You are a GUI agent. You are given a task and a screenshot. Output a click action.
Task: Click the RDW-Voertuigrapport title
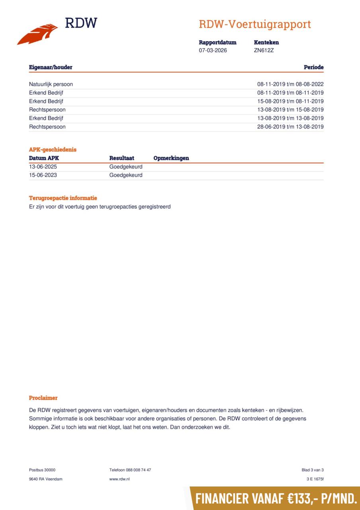[x=254, y=24]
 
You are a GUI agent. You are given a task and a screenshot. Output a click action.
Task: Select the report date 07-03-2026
[x=213, y=51]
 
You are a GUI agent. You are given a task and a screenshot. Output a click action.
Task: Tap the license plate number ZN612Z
[x=264, y=51]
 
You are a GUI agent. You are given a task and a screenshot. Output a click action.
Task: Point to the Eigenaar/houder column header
[x=51, y=67]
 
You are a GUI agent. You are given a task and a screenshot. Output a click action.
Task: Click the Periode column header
[x=313, y=67]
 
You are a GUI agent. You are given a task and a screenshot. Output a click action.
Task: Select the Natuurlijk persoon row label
[x=51, y=84]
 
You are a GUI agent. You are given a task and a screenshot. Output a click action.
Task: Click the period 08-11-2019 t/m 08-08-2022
[x=290, y=84]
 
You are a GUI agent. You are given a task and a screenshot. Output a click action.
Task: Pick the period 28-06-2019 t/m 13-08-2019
[x=290, y=127]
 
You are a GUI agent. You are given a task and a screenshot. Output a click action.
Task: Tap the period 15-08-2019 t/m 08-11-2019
[x=290, y=101]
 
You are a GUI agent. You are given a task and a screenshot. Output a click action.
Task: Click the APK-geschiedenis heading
[x=53, y=150]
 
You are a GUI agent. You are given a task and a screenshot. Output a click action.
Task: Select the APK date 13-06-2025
[x=43, y=167]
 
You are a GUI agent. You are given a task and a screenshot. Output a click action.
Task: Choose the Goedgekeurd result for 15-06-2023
[x=126, y=175]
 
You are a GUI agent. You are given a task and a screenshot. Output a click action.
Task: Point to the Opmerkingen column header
[x=171, y=158]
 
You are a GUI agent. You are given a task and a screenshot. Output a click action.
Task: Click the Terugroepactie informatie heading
[x=63, y=198]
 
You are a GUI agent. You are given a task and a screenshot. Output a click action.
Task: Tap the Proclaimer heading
[x=43, y=398]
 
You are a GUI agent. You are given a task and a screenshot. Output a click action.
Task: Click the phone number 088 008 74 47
[x=138, y=470]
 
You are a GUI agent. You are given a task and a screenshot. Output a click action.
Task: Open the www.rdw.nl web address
[x=119, y=479]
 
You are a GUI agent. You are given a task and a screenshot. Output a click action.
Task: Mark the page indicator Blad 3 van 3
[x=313, y=470]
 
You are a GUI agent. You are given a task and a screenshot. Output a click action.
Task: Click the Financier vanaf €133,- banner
[x=276, y=498]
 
